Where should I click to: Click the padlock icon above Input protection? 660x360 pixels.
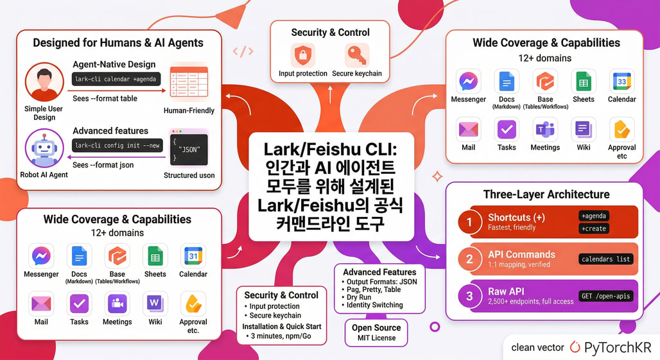[x=303, y=56]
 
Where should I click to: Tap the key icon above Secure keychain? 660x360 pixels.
[x=356, y=56]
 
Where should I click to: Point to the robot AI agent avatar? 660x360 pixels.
[x=44, y=149]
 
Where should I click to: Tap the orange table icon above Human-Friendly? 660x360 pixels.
[x=189, y=83]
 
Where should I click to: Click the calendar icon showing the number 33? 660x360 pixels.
[x=621, y=81]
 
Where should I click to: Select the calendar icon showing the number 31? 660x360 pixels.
[x=193, y=257]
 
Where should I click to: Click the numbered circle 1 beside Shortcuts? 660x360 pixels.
[x=469, y=222]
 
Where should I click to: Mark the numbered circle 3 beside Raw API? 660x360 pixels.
[x=469, y=296]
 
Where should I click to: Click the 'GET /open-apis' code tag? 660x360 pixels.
[x=606, y=296]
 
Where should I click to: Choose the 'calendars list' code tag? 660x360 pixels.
[x=606, y=259]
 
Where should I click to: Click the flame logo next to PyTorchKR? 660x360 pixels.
[x=574, y=347]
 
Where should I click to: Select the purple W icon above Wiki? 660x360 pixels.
[x=155, y=303]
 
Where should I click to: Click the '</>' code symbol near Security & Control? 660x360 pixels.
[x=243, y=51]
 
